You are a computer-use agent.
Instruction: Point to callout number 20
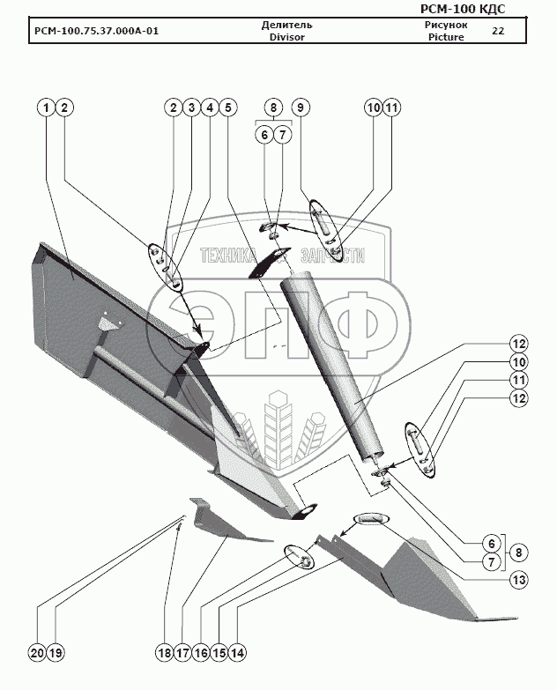coord(36,653)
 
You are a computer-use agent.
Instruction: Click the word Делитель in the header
coord(287,25)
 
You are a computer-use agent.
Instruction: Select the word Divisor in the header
coord(287,38)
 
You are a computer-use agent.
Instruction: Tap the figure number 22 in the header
coord(498,31)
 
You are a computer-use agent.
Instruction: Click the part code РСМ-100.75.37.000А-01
coord(97,32)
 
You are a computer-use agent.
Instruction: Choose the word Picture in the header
coord(445,38)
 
